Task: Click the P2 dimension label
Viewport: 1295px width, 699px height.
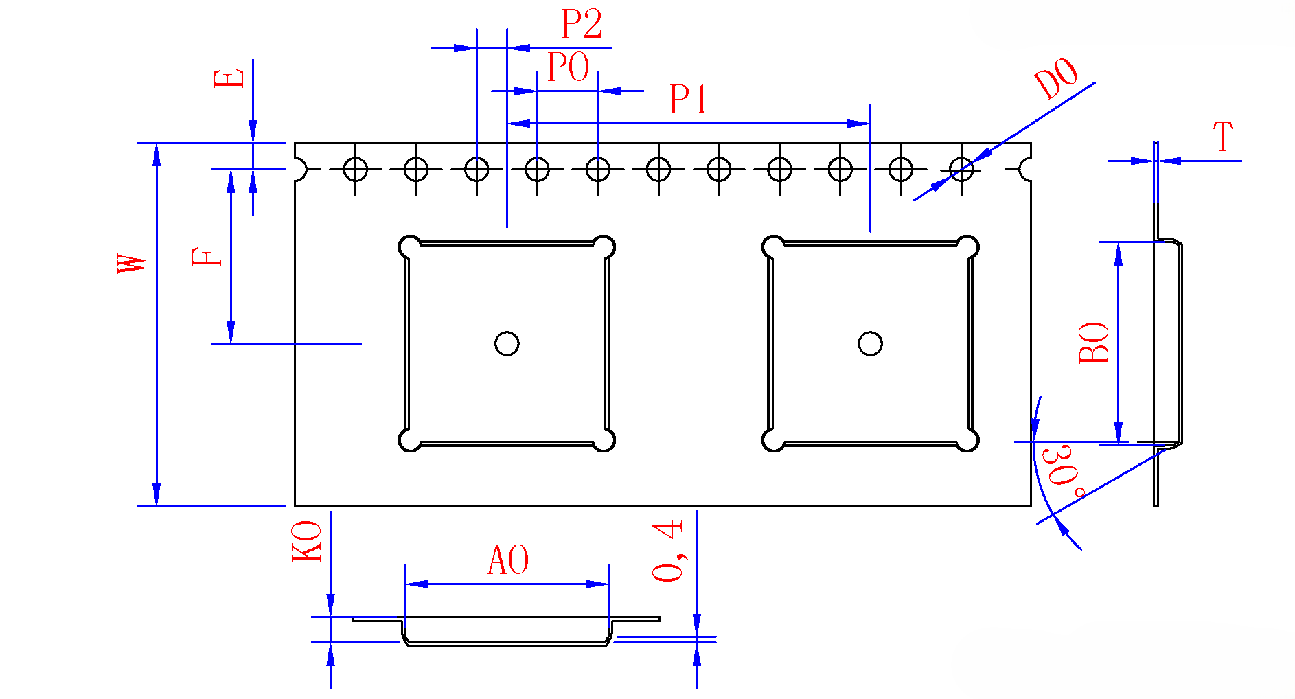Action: pyautogui.click(x=582, y=25)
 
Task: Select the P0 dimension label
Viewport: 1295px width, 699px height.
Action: pyautogui.click(x=568, y=67)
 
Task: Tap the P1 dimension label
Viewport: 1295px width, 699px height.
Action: pyautogui.click(x=688, y=100)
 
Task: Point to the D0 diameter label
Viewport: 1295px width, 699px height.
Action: pyautogui.click(x=1056, y=79)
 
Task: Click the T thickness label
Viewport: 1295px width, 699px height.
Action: pyautogui.click(x=1223, y=137)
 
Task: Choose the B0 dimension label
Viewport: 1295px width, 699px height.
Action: pyautogui.click(x=1094, y=343)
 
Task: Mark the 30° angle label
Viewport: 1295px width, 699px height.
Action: pyautogui.click(x=1063, y=471)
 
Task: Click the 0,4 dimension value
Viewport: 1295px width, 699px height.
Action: pyautogui.click(x=668, y=551)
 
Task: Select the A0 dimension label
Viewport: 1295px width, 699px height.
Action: pyautogui.click(x=508, y=560)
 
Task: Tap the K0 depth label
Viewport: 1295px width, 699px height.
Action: pyautogui.click(x=307, y=541)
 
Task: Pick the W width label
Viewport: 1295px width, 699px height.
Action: pyautogui.click(x=133, y=264)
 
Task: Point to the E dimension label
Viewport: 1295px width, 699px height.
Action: pyautogui.click(x=229, y=78)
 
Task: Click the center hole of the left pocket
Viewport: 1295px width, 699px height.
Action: pyautogui.click(x=507, y=343)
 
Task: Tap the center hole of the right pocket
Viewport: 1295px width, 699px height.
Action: pyautogui.click(x=870, y=343)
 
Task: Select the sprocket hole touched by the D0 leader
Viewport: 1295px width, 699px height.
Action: pyautogui.click(x=961, y=168)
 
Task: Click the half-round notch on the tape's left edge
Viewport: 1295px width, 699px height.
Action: pyautogui.click(x=300, y=168)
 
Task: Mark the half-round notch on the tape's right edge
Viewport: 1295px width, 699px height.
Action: pyautogui.click(x=1026, y=168)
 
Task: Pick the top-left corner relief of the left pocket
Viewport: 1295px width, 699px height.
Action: pyautogui.click(x=410, y=247)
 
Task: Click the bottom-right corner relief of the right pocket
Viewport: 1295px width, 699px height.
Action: pyautogui.click(x=967, y=440)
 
